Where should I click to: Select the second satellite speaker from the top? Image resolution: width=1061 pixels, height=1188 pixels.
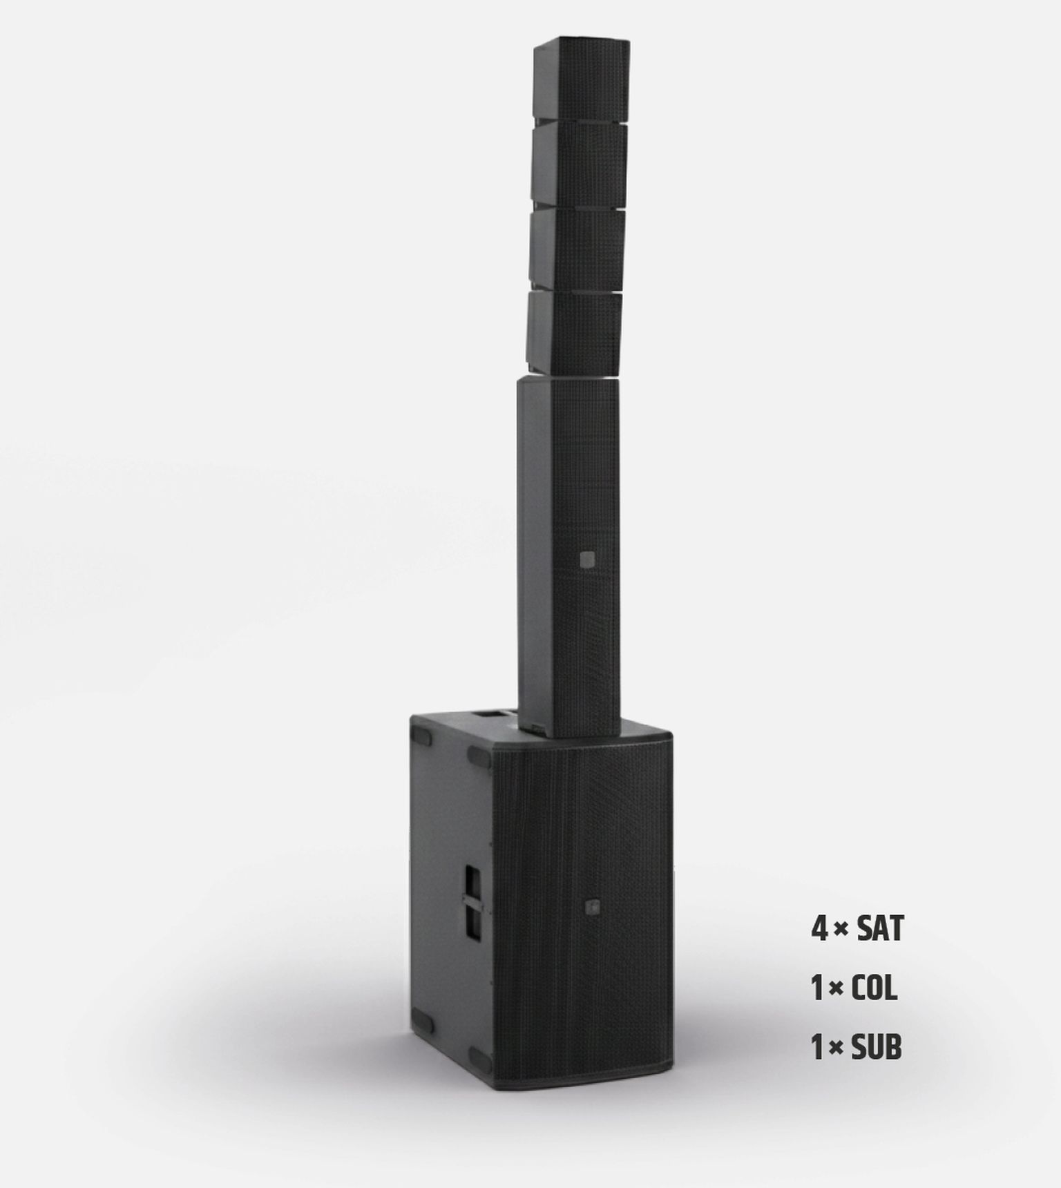coord(579,166)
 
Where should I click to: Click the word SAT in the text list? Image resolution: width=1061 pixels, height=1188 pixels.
coord(879,930)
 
